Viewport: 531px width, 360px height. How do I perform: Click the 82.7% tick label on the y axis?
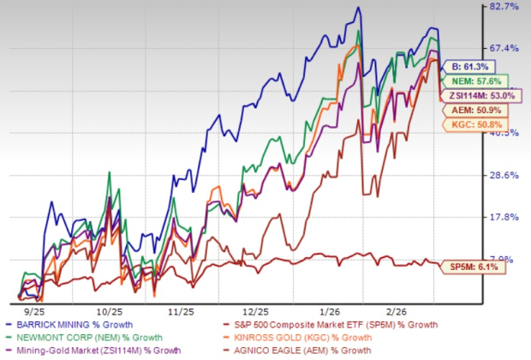pos(504,7)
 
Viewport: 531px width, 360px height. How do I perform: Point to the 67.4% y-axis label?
pos(504,48)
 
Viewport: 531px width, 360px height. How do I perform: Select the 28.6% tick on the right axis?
pos(504,176)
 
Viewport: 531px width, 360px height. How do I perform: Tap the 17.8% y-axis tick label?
pos(504,217)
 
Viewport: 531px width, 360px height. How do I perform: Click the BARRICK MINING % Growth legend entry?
pos(77,325)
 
